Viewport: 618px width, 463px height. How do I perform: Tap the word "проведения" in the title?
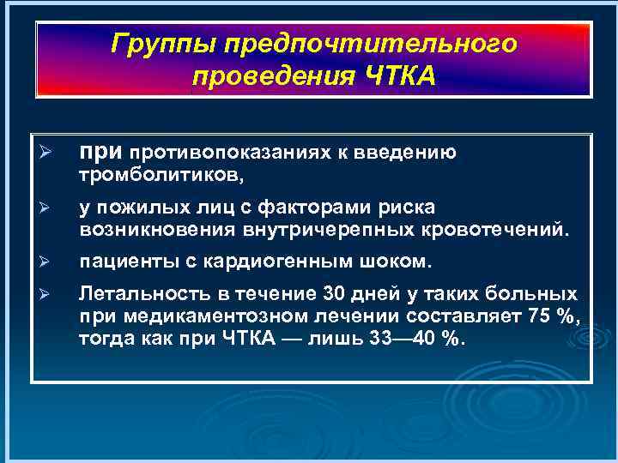pos(264,76)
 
